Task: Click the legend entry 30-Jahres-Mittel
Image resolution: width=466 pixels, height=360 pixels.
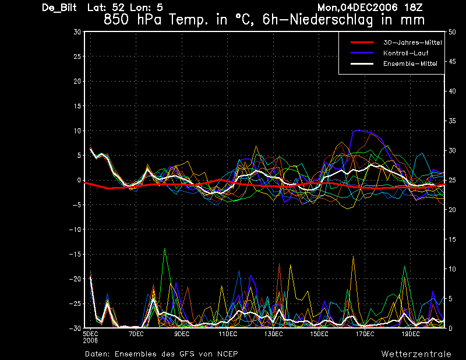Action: tap(412, 43)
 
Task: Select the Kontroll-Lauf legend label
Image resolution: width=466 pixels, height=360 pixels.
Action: tap(405, 53)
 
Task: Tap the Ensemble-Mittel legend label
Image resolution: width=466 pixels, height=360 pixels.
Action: tap(410, 63)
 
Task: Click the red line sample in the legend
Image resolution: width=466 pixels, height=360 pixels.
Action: tap(362, 43)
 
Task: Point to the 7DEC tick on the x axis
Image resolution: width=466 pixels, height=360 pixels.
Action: tap(136, 334)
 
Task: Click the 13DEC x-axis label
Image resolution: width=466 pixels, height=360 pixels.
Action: tap(273, 334)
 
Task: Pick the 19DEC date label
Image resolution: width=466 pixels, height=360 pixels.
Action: tap(411, 334)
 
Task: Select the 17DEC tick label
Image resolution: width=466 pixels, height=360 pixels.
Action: tap(365, 334)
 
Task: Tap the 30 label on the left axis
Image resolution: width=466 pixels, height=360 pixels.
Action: tap(77, 31)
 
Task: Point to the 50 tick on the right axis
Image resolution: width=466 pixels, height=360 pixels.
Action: tap(452, 32)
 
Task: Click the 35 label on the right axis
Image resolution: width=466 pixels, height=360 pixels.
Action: tap(452, 121)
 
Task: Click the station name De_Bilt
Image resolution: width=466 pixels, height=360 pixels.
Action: tap(59, 8)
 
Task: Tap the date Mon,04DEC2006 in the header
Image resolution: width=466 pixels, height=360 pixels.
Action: tap(358, 8)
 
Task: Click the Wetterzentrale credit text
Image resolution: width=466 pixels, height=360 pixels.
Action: tap(416, 354)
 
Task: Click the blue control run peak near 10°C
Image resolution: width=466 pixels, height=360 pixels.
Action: tap(359, 130)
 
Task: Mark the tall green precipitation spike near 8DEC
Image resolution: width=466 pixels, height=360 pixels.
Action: tap(164, 249)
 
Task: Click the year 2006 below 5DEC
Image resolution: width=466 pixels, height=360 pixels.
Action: tap(90, 341)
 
